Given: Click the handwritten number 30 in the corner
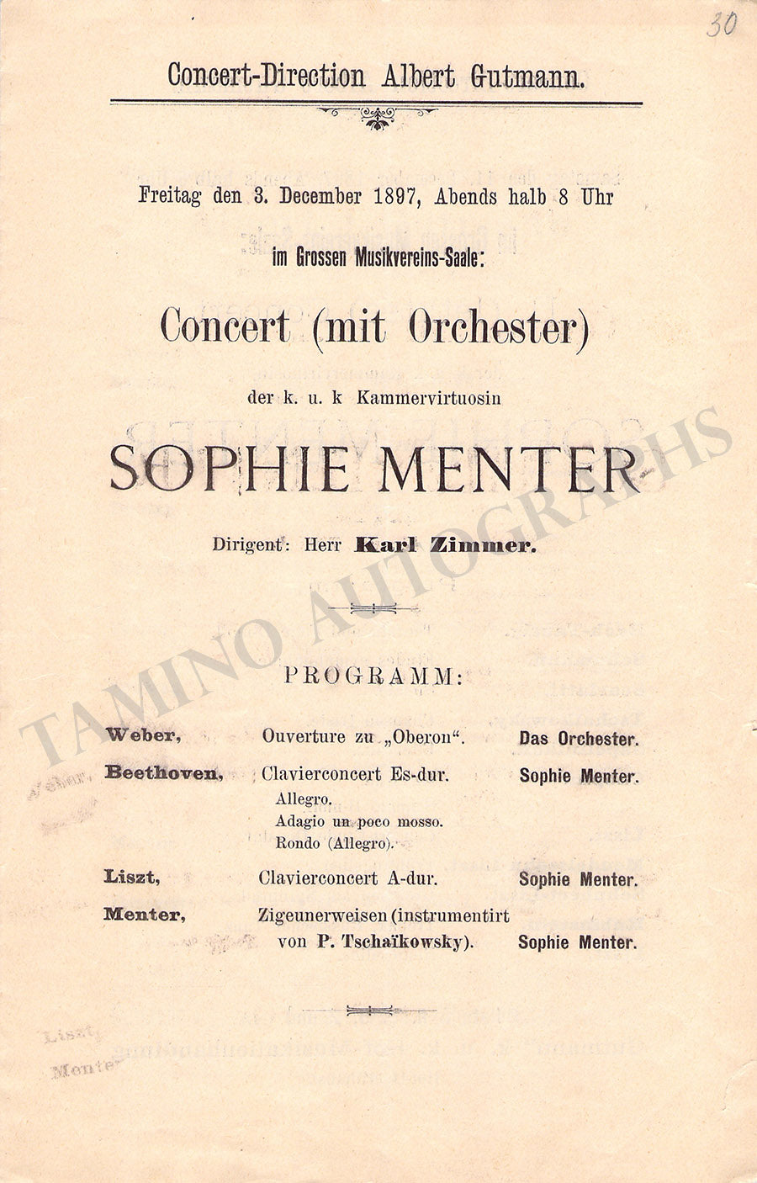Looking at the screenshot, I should (x=721, y=25).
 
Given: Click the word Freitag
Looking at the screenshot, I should (x=170, y=197).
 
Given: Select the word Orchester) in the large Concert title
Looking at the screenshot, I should (x=498, y=327).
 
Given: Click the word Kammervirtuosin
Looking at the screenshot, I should (x=428, y=398).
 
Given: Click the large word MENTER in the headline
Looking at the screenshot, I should (x=506, y=469).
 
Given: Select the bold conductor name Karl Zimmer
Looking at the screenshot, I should (x=445, y=545).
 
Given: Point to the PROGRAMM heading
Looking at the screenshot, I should (x=373, y=676).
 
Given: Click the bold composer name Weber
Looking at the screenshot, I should (x=142, y=735).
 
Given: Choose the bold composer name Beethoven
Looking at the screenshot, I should (x=163, y=773).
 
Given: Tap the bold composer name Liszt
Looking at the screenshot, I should (x=131, y=878).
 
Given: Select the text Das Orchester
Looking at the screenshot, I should (x=579, y=739).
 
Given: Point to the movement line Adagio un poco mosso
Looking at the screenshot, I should (x=359, y=821).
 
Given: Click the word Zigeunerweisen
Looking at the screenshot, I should (x=321, y=915).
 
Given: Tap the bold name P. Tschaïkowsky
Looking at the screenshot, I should (x=395, y=942).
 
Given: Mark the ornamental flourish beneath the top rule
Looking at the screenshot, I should (x=378, y=116).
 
